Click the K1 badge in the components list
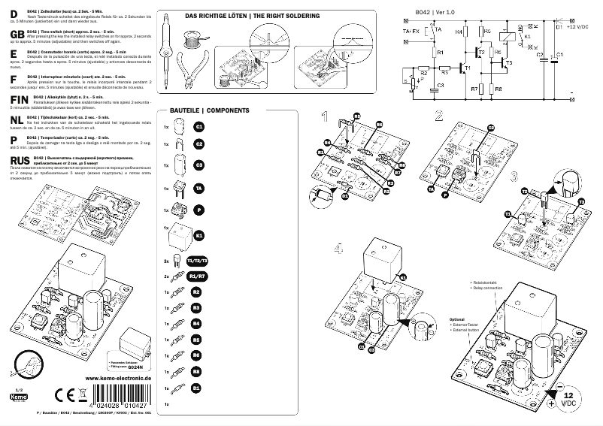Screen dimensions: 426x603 tap(199, 236)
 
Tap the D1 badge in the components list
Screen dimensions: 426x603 tap(196, 388)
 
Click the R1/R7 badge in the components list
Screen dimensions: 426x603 tap(196, 276)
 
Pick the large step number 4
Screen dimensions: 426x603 tap(340, 249)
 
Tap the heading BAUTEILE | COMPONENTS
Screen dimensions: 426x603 tap(203, 110)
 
